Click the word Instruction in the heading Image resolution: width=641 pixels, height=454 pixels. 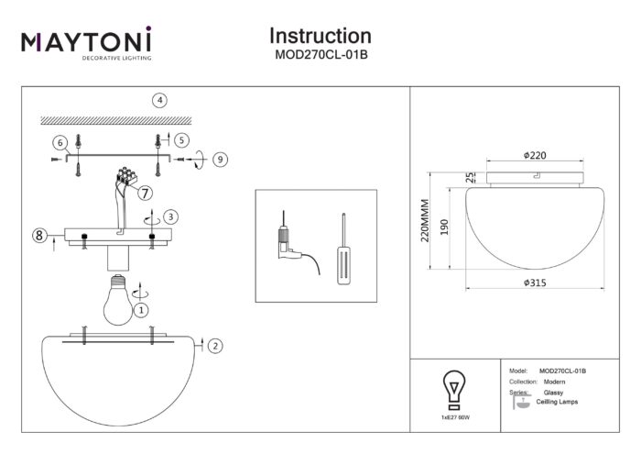coord(320,36)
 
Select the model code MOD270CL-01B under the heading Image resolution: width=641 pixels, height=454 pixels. coord(320,54)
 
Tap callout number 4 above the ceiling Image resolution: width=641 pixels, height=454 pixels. coord(160,100)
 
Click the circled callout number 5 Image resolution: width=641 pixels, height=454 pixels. coord(181,140)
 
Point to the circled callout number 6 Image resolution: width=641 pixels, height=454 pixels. coord(60,143)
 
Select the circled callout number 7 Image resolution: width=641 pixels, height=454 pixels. coord(145,193)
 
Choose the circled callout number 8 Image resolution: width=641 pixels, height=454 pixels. coord(39,236)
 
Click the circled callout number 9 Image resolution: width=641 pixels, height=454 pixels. coord(220,159)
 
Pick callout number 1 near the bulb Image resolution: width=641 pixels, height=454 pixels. coord(141,310)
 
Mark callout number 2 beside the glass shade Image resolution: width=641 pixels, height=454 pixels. coord(214,346)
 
